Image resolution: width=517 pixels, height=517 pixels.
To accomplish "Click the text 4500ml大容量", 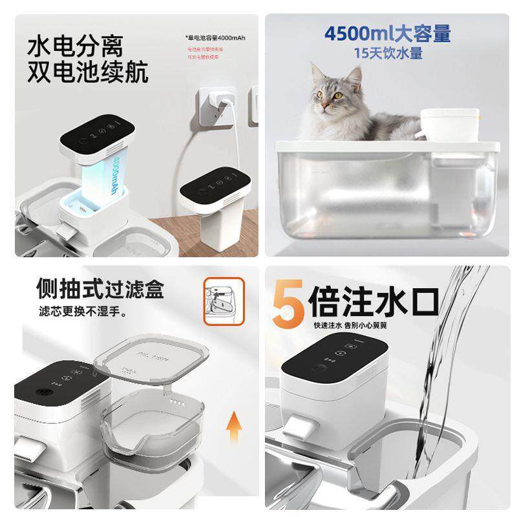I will click(x=387, y=33).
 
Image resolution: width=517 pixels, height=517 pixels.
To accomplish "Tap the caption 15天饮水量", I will click(x=388, y=52).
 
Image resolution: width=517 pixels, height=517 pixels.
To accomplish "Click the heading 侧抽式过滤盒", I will click(x=90, y=287).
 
